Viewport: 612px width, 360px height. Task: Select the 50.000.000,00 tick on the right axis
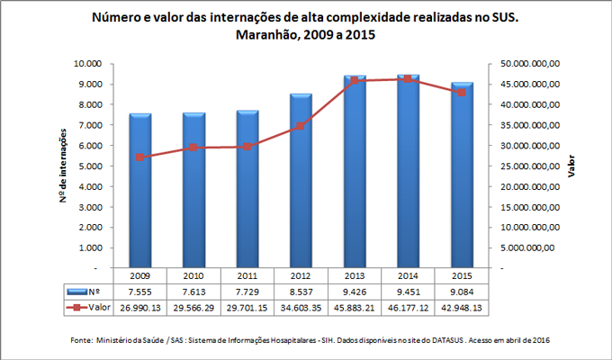pyautogui.click(x=530, y=64)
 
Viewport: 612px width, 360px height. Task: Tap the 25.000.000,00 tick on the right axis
pyautogui.click(x=530, y=166)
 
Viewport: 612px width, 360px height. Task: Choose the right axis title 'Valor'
pyautogui.click(x=573, y=166)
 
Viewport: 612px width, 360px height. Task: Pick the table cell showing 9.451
pyautogui.click(x=409, y=292)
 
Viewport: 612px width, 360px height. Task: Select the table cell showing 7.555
pyautogui.click(x=139, y=292)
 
